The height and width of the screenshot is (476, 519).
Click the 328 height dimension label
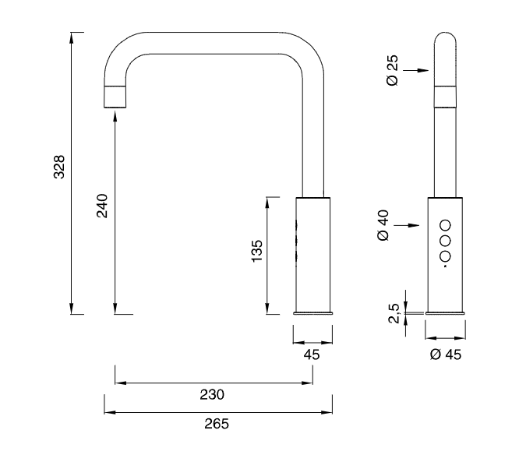click(x=58, y=167)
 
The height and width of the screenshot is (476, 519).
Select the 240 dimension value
click(x=101, y=206)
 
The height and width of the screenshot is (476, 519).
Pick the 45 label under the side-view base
click(x=312, y=354)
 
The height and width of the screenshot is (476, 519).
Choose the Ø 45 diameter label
click(x=446, y=354)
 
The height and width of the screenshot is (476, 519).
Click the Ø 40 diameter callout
click(x=383, y=224)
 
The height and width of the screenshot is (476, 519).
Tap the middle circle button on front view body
click(x=446, y=239)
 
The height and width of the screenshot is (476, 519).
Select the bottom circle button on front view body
click(x=446, y=257)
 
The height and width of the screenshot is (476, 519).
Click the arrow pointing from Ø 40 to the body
click(x=417, y=225)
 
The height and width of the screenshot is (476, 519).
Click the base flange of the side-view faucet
click(x=312, y=313)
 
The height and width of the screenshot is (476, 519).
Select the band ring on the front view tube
click(x=446, y=97)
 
